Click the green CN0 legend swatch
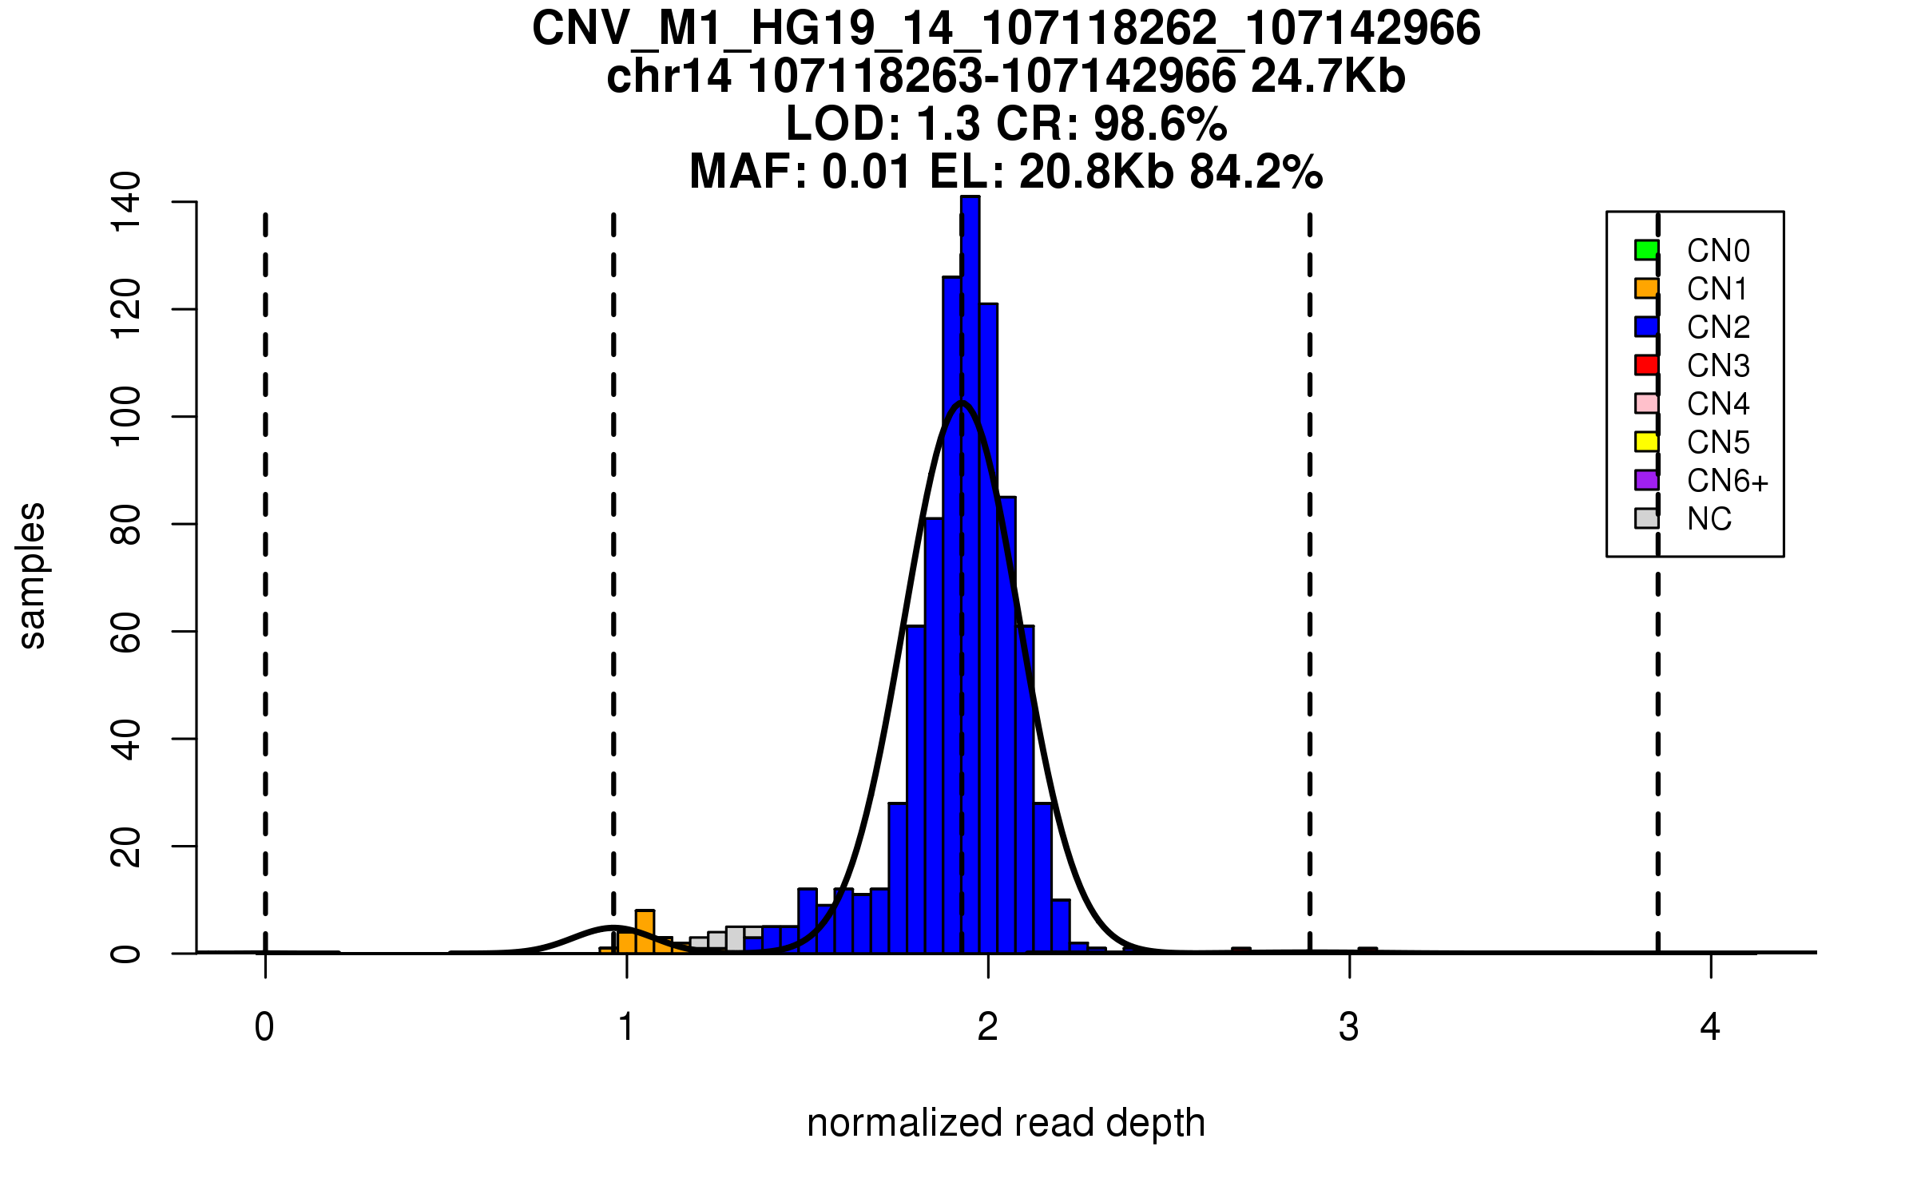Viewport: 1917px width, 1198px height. tap(1646, 250)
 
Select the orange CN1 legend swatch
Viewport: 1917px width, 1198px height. tap(1646, 288)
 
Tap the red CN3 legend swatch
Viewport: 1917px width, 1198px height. tap(1646, 365)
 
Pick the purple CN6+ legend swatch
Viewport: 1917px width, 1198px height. tap(1646, 480)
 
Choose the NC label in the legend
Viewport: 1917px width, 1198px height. tap(1709, 519)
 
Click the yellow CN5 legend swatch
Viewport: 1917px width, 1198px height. tap(1646, 442)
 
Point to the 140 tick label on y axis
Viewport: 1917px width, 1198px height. tap(126, 201)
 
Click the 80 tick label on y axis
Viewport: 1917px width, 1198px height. tap(126, 524)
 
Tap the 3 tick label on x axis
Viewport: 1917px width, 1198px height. tap(1349, 1027)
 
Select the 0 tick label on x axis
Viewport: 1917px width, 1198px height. tap(264, 1027)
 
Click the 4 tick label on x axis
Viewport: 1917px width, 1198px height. tap(1710, 1027)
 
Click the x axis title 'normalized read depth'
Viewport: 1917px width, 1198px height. tap(1006, 1123)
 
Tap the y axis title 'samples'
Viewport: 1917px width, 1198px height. tap(32, 575)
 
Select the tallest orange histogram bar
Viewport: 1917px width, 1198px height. tap(645, 931)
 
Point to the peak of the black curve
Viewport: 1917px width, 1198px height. tap(962, 403)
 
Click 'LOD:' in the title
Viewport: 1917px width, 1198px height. tap(843, 125)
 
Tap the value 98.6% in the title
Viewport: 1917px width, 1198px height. tap(1160, 125)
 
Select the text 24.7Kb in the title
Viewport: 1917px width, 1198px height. tap(1328, 77)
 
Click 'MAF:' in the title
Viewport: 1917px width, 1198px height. tap(748, 173)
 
